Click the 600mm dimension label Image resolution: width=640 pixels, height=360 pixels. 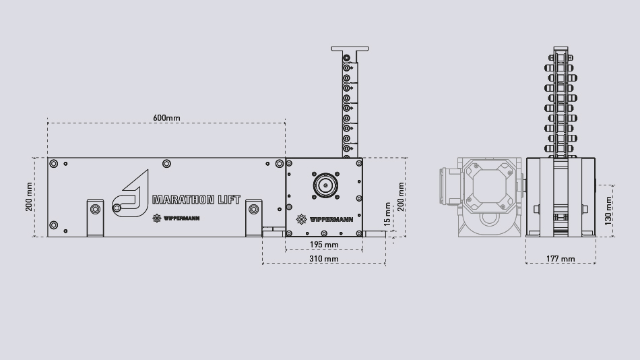[x=166, y=118]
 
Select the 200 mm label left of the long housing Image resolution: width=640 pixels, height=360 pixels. [x=30, y=196]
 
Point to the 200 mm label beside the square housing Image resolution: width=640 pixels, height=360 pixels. [x=402, y=196]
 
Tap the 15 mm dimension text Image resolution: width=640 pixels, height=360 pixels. [x=387, y=213]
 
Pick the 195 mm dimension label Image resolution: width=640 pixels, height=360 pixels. [x=324, y=244]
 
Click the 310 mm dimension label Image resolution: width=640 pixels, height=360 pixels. [x=324, y=259]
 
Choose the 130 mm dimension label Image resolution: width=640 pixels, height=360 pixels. [x=609, y=209]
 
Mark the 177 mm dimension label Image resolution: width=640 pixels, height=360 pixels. [x=561, y=259]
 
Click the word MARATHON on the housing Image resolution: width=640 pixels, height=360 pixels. [x=183, y=200]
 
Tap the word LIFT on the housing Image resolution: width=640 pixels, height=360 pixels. [x=228, y=200]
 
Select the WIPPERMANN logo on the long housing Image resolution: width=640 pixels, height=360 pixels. [x=177, y=218]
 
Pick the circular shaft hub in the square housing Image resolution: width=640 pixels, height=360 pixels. [x=325, y=185]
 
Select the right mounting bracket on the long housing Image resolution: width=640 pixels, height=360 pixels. [x=253, y=216]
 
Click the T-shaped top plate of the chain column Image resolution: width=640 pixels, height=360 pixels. [x=350, y=50]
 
